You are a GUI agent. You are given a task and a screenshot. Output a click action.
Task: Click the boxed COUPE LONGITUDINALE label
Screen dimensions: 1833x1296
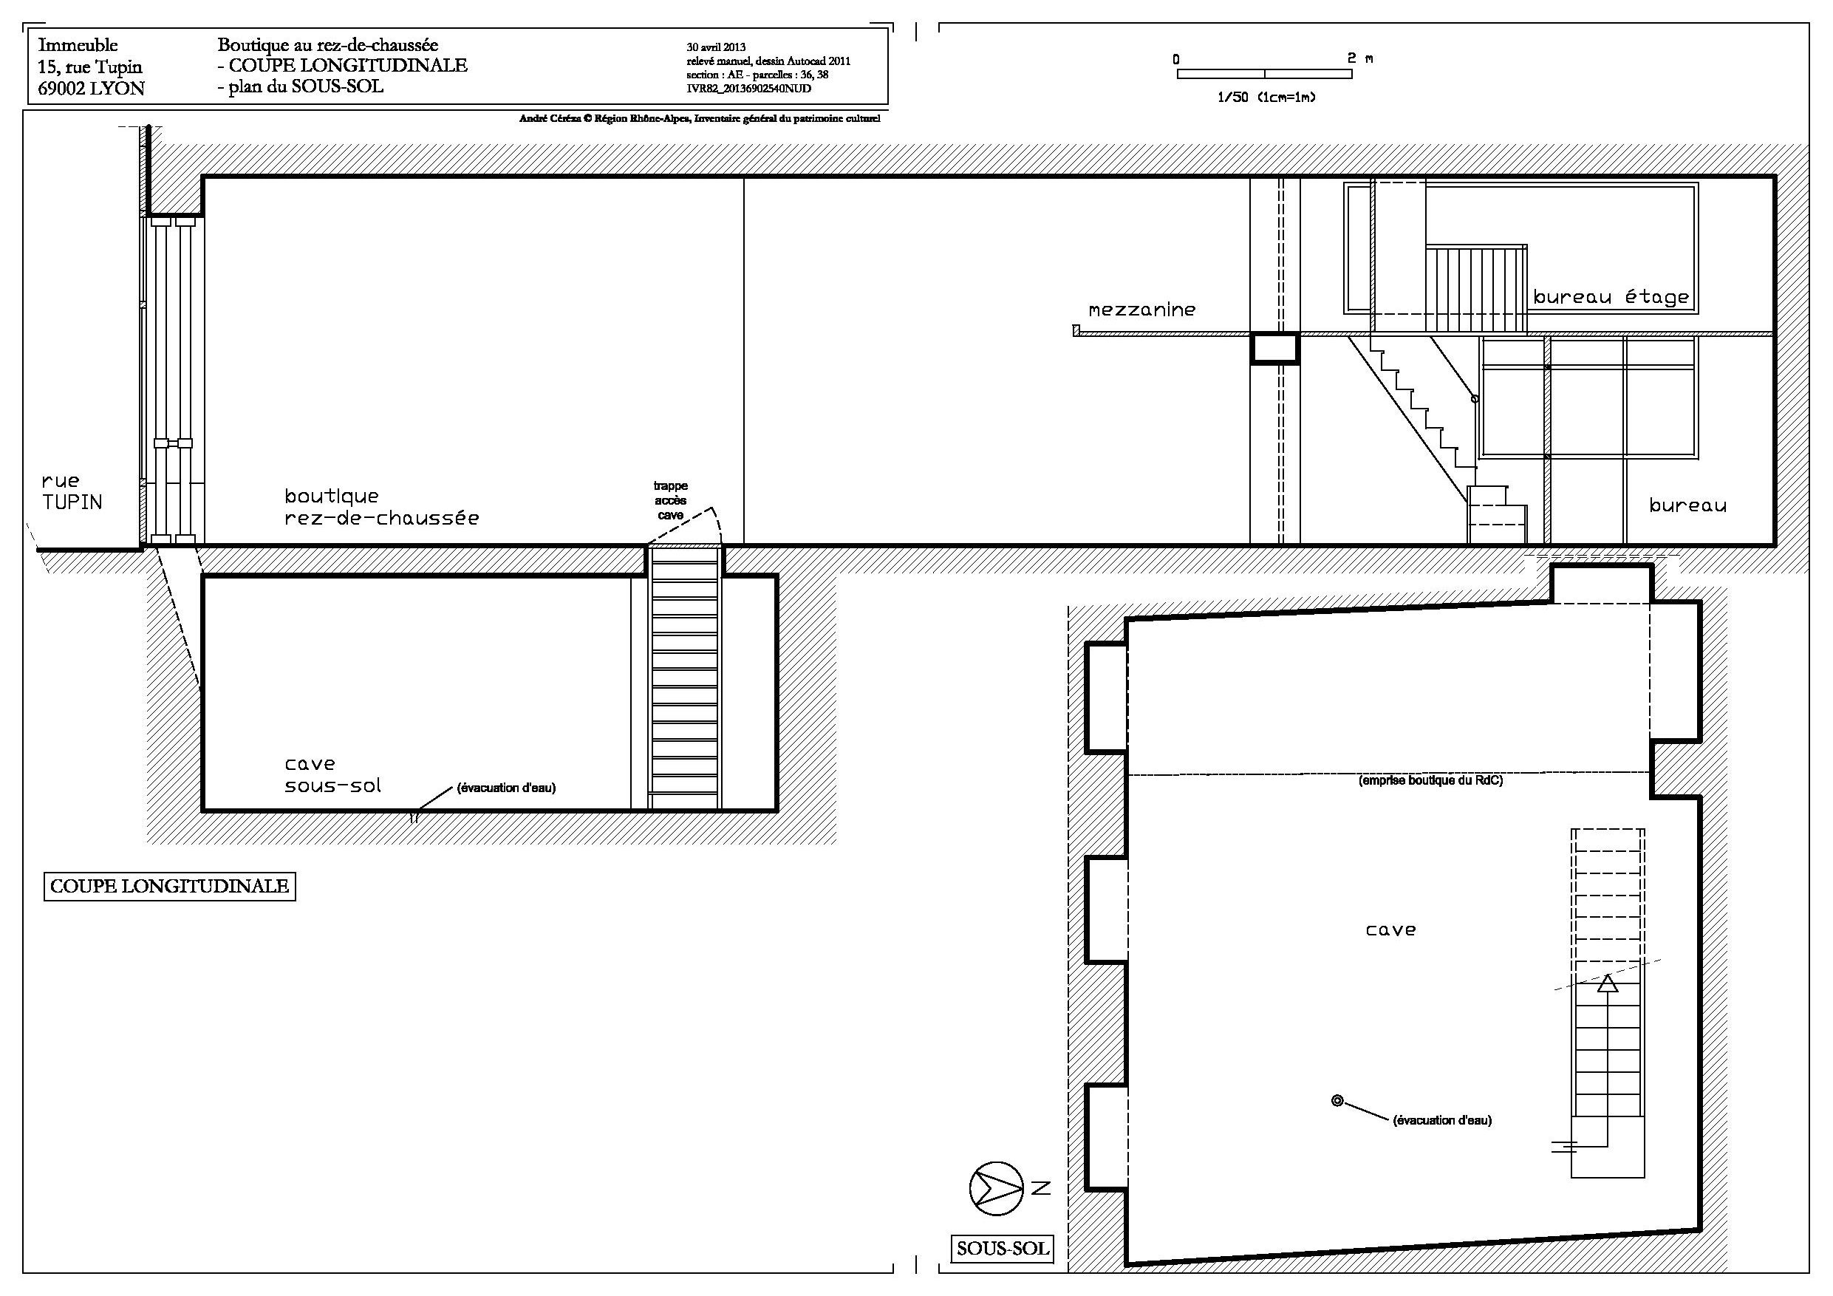tap(169, 887)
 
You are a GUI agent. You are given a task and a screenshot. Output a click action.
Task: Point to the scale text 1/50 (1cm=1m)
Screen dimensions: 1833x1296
tap(1266, 98)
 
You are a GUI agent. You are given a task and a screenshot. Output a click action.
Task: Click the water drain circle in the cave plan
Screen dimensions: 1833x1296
tap(1337, 1101)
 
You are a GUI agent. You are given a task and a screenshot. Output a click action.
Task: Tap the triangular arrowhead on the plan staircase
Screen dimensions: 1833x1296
tap(1608, 983)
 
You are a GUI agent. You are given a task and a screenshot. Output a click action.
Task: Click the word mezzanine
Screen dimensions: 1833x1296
tap(1141, 310)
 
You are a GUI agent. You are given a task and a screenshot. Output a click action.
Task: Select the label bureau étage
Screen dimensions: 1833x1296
tap(1611, 297)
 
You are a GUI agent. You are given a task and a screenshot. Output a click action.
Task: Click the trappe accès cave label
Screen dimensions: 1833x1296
tap(671, 501)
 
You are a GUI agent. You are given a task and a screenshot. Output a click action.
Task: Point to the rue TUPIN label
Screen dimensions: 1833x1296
tap(72, 491)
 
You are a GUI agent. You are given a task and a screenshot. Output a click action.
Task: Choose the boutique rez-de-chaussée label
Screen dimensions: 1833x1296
tap(382, 507)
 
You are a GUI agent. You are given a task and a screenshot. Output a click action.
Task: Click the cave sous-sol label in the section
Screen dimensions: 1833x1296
tap(333, 774)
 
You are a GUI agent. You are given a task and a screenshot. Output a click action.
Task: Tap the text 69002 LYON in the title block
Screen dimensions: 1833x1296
tap(91, 89)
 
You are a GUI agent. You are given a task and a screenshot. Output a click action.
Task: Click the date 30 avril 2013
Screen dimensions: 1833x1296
tap(716, 48)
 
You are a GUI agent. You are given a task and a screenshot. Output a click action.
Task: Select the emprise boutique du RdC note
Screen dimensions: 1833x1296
tap(1430, 781)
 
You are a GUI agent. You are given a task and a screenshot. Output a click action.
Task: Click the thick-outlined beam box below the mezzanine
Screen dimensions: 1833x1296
tap(1274, 348)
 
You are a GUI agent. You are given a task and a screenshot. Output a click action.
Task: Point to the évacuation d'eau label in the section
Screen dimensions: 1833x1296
tap(506, 788)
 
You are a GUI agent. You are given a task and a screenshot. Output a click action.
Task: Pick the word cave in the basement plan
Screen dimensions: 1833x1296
tap(1390, 930)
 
